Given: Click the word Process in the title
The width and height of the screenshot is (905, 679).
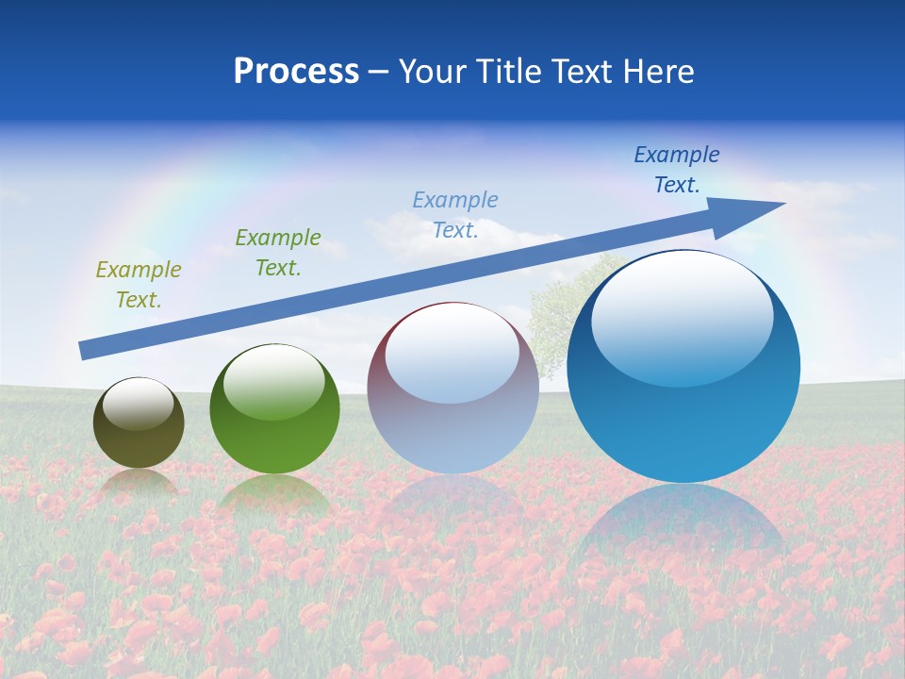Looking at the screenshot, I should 296,72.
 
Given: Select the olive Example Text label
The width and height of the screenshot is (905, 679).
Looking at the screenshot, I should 139,285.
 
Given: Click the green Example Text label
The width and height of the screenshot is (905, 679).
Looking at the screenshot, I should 278,253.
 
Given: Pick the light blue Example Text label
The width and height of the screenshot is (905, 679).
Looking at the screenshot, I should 455,214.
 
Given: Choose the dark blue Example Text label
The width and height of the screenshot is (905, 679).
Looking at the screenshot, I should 677,170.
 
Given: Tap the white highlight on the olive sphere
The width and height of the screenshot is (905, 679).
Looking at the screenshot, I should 138,405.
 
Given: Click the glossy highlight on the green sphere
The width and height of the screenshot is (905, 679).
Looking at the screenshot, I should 274,382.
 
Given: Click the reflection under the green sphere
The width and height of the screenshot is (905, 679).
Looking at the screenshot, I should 274,495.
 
